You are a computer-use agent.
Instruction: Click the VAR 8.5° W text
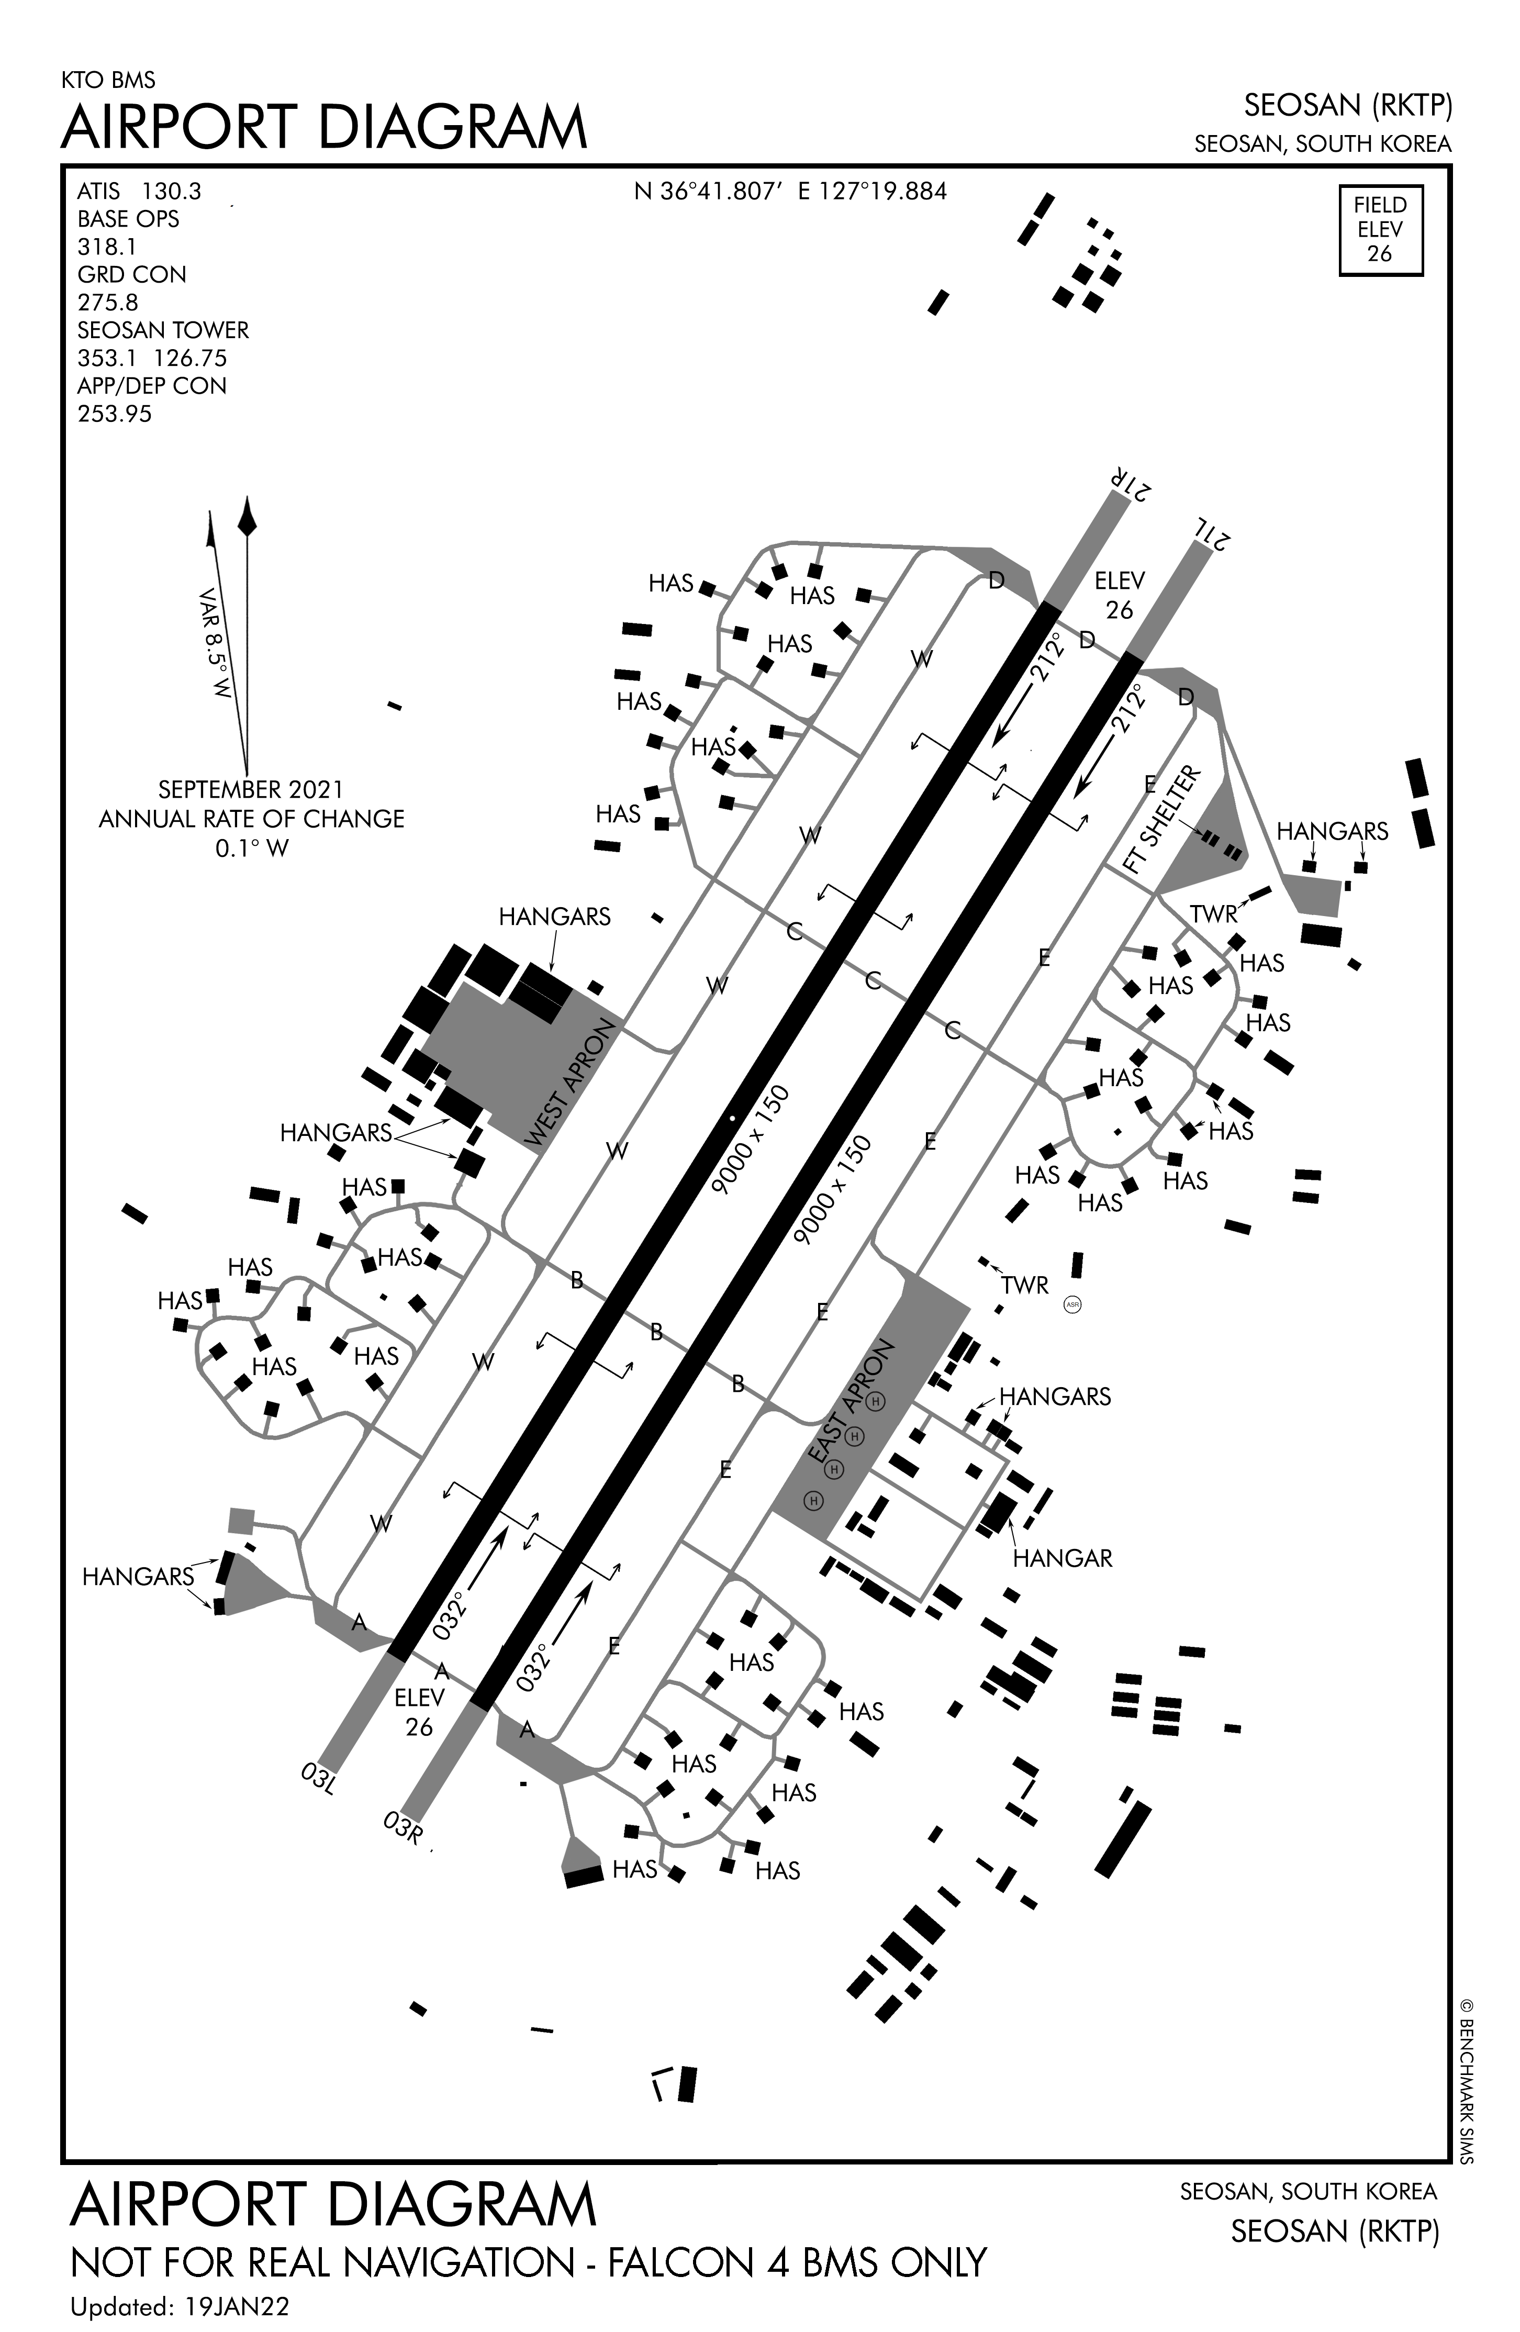[x=214, y=643]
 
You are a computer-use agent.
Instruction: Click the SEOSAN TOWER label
[x=163, y=330]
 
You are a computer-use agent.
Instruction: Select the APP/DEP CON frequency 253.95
[x=115, y=414]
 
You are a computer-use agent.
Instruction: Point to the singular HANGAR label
[x=1063, y=1558]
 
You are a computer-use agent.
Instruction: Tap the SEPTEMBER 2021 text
[x=251, y=789]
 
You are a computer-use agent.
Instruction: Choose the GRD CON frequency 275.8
[x=108, y=302]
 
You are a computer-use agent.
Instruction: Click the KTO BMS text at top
[x=108, y=80]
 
